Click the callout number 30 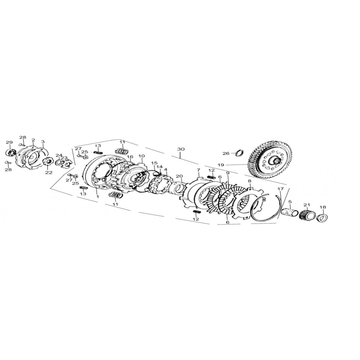coord(181,149)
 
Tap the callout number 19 coord(220,165)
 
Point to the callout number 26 coord(226,154)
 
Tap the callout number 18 coord(323,207)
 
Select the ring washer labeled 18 coord(323,217)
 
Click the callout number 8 coord(249,181)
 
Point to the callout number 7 coord(198,170)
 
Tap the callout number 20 coord(179,176)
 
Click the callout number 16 coord(130,157)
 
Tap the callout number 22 coord(49,172)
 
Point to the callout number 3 coord(43,142)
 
